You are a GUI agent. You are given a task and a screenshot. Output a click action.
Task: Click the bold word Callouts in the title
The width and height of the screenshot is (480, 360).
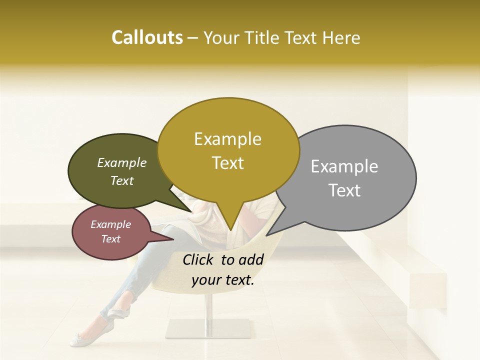click(x=147, y=37)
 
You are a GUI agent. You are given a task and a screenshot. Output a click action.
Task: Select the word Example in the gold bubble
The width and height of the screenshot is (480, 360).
click(x=227, y=139)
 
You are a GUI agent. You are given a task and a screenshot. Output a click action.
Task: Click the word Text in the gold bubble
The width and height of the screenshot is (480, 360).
click(x=227, y=163)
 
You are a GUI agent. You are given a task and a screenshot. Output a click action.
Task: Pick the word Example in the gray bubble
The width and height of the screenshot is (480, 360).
click(x=344, y=166)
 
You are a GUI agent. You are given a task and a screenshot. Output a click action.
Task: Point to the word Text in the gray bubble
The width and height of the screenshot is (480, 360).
click(x=344, y=190)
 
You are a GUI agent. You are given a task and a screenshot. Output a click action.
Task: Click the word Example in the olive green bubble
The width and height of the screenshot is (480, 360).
click(x=122, y=163)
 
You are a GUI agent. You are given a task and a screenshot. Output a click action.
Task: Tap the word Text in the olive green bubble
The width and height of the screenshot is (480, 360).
click(x=122, y=180)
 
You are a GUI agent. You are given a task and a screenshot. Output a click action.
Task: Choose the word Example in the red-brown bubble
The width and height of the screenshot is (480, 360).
click(x=110, y=224)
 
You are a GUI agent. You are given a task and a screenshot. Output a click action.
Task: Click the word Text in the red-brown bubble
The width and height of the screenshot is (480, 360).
click(x=110, y=239)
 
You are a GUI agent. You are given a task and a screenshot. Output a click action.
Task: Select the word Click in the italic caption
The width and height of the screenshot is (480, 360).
click(x=199, y=259)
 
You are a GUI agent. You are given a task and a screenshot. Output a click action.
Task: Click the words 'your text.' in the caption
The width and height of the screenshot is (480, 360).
click(x=223, y=280)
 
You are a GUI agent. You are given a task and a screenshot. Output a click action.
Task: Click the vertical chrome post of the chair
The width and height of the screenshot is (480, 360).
click(x=210, y=310)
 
